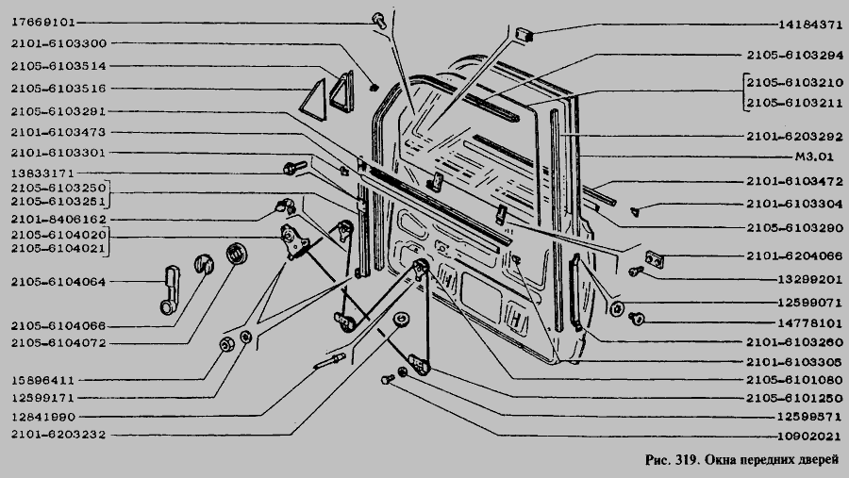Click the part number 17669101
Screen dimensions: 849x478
pos(42,23)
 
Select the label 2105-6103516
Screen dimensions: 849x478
pos(58,89)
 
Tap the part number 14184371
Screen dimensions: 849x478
pos(810,25)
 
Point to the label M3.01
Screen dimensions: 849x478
pos(814,157)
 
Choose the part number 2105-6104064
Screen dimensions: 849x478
pos(58,282)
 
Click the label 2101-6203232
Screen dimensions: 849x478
pos(58,434)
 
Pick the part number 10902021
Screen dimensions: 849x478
pos(810,437)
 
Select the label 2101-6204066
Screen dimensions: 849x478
pos(795,256)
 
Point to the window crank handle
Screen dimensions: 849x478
pos(170,289)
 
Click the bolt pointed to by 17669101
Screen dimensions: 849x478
pos(379,21)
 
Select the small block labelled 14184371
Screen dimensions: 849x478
pos(524,34)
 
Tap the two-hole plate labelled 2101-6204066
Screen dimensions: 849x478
pos(655,260)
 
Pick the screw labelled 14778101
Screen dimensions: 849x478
pos(637,319)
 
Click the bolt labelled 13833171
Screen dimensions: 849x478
pos(295,167)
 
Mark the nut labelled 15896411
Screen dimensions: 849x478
pos(226,344)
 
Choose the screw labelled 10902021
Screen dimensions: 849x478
pos(388,379)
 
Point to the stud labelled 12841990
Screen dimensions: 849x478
pos(329,360)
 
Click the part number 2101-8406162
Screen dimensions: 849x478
pos(58,220)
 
